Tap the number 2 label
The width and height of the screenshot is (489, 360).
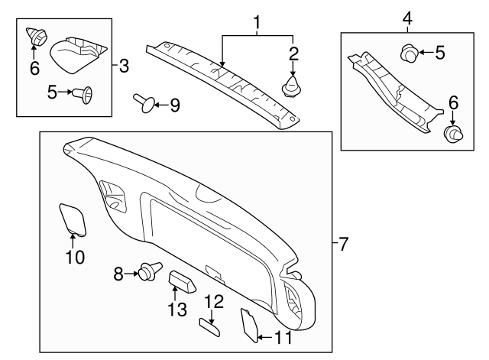point(293,53)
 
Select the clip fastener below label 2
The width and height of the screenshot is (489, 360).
point(292,87)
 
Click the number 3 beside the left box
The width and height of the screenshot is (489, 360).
point(125,65)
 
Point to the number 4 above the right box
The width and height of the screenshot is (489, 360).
point(408,18)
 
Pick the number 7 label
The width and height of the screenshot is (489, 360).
point(342,245)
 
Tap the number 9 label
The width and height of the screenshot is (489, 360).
point(174,105)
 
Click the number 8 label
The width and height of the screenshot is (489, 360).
point(118,273)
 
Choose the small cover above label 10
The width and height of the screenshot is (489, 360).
point(73,217)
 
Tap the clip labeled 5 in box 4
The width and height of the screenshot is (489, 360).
point(410,54)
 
